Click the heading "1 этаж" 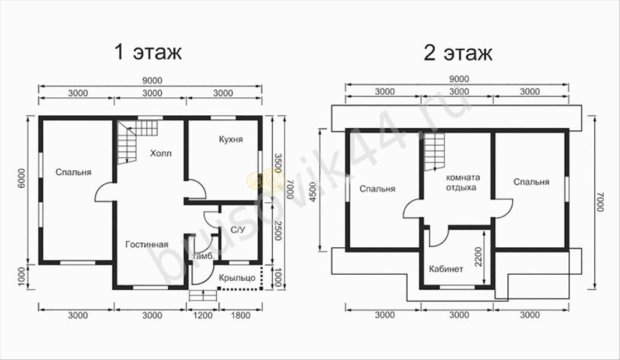click(x=148, y=52)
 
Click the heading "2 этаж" click(x=458, y=52)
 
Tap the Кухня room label click(x=231, y=139)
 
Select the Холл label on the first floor click(x=161, y=153)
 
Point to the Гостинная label click(x=147, y=244)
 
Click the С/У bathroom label click(x=237, y=230)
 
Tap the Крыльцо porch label click(x=237, y=278)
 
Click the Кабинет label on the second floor click(x=446, y=269)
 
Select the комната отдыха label click(x=463, y=182)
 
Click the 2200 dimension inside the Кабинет click(x=478, y=257)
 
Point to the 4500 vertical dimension click(x=313, y=192)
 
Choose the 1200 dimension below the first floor click(x=203, y=315)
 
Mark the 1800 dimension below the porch click(x=240, y=315)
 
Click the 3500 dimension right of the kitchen click(x=278, y=163)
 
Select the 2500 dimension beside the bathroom click(x=278, y=230)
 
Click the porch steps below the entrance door click(x=203, y=296)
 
